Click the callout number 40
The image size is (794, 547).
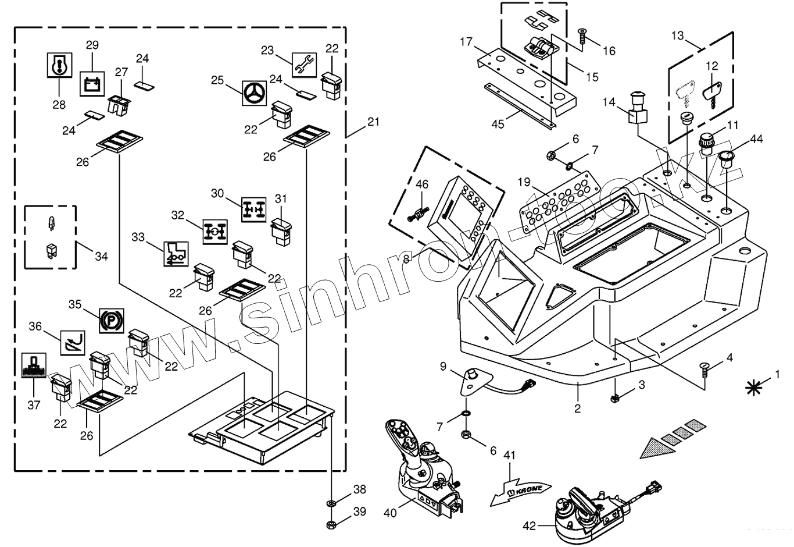point(391,513)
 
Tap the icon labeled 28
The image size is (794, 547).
point(59,66)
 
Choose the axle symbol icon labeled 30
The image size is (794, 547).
point(253,209)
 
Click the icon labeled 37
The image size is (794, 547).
point(34,366)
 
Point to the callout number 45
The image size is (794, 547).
point(498,123)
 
